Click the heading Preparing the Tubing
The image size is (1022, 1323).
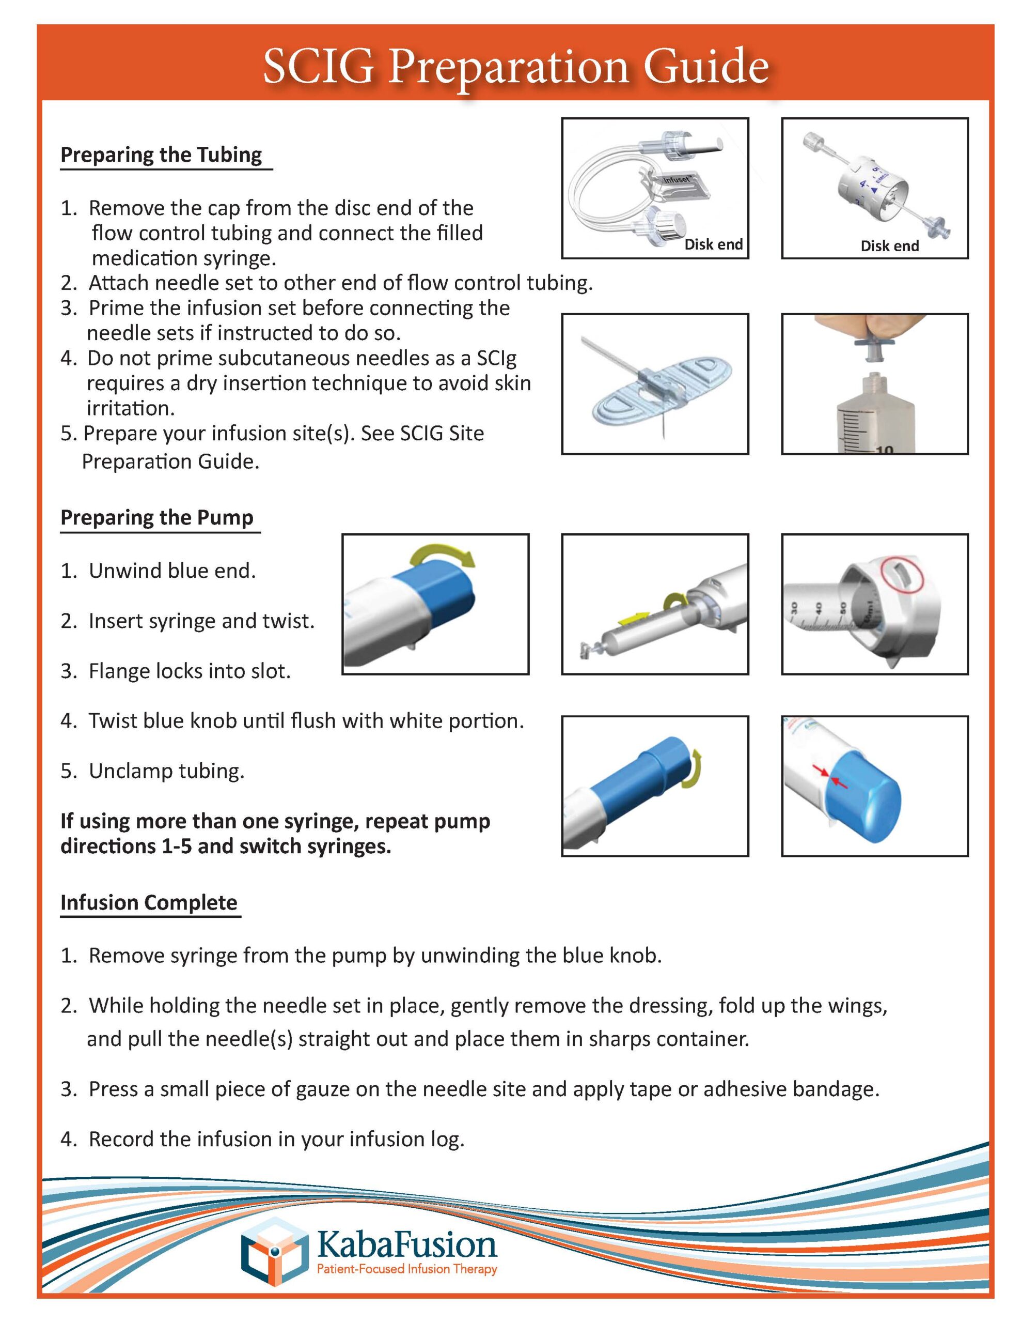pos(161,155)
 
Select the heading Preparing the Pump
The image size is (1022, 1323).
pos(157,517)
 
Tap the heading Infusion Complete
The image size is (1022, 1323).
pos(149,903)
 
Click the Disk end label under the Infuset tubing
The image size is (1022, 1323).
pos(713,245)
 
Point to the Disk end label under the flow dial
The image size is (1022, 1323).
pos(889,246)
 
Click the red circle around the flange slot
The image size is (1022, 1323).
pos(903,574)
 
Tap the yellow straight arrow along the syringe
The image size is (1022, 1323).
pos(633,619)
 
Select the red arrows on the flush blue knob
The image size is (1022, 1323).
pos(830,776)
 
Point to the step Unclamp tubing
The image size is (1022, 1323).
pos(166,771)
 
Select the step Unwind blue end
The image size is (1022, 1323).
pos(172,571)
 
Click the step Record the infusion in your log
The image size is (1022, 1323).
pos(276,1140)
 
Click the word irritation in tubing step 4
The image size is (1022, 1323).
pos(130,408)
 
